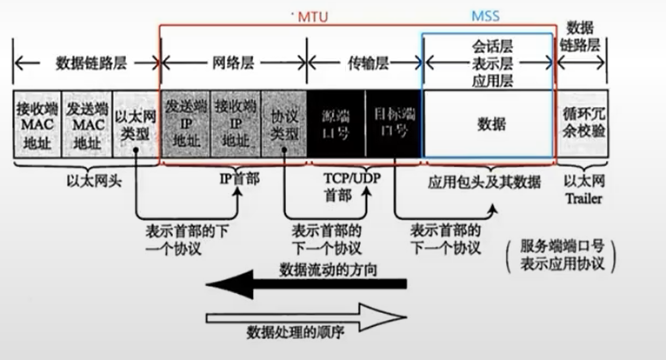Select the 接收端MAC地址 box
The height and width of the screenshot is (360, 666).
click(x=36, y=124)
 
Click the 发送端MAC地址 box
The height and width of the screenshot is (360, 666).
click(x=86, y=124)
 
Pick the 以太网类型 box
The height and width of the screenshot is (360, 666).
click(x=137, y=124)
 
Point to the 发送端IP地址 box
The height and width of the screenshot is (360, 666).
click(x=187, y=124)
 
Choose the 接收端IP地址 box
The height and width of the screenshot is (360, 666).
click(x=236, y=124)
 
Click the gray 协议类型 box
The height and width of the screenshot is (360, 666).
click(x=284, y=124)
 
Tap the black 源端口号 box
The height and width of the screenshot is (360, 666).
click(x=336, y=124)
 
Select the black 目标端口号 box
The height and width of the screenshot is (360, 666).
click(x=392, y=124)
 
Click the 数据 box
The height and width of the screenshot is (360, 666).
click(x=490, y=124)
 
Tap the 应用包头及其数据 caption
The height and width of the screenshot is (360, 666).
click(x=485, y=182)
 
